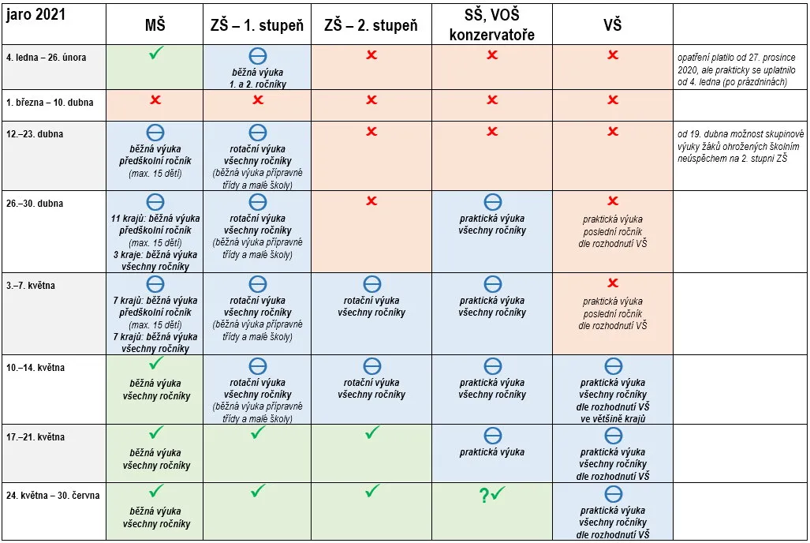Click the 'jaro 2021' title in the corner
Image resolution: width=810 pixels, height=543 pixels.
35,15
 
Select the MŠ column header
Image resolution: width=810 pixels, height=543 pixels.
155,24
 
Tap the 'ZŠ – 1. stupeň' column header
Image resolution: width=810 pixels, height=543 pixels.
257,24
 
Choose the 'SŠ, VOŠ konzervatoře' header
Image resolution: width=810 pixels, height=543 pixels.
492,24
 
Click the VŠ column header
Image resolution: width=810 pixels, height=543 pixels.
613,24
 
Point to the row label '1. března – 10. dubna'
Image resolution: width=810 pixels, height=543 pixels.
50,103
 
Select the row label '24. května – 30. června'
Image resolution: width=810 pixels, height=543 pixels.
53,496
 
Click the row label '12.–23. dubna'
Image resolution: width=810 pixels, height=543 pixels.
35,134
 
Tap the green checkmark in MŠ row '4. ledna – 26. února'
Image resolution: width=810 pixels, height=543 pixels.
156,53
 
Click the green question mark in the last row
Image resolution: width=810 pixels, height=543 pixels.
483,496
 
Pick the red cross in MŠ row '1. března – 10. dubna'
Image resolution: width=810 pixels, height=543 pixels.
155,99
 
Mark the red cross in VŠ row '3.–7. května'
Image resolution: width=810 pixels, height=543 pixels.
613,283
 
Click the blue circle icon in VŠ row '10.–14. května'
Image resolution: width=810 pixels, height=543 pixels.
613,366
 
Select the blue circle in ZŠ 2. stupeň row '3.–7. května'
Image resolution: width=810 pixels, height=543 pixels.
372,284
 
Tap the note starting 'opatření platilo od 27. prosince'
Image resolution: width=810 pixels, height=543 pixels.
737,69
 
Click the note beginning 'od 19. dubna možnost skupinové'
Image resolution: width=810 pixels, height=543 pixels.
741,146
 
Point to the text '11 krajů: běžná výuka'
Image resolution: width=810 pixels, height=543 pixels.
155,219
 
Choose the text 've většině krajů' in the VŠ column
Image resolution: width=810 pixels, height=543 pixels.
613,419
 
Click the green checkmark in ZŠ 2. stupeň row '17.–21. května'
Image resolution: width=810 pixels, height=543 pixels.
372,433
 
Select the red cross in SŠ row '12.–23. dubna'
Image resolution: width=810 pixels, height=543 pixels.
492,131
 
